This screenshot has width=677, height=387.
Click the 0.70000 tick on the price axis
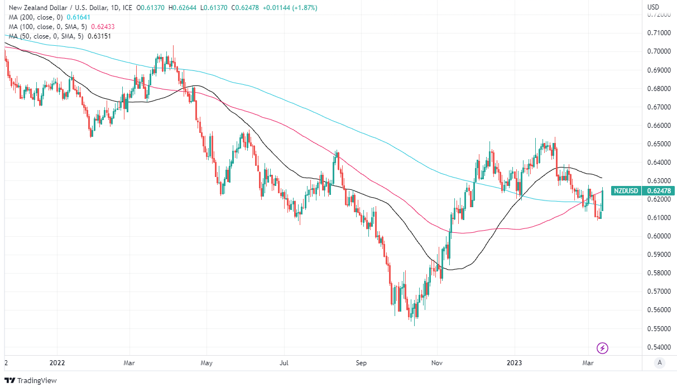click(658, 51)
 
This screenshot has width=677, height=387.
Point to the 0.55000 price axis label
click(658, 328)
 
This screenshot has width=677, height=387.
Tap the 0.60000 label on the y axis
click(658, 236)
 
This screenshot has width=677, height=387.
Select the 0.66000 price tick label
click(658, 126)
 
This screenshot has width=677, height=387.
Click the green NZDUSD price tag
click(626, 190)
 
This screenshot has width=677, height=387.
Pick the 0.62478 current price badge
click(659, 190)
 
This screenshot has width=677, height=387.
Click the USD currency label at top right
click(654, 7)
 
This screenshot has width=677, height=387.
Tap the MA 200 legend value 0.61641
click(78, 17)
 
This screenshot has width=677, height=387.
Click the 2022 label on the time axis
click(57, 363)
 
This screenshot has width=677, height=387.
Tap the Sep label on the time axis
click(361, 363)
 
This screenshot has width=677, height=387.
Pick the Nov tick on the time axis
click(438, 363)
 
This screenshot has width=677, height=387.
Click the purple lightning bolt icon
click(603, 348)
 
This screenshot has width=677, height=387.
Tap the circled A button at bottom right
click(660, 363)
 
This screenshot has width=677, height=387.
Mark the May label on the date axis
click(207, 363)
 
